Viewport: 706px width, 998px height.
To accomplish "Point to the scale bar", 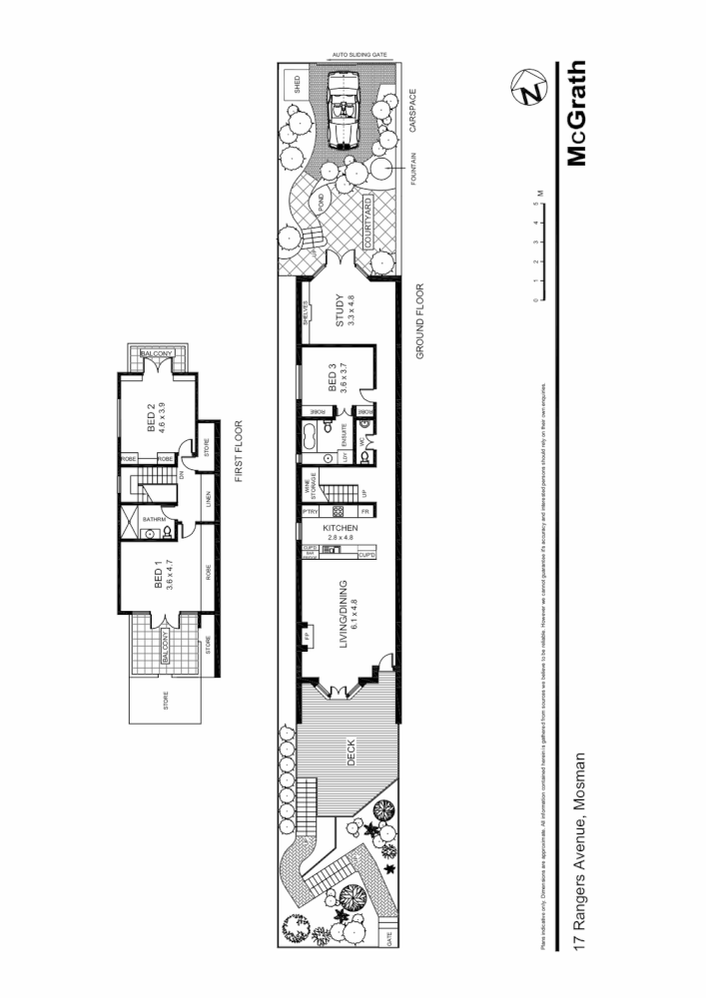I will point(536,250).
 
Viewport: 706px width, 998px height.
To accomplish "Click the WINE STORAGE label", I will point(311,486).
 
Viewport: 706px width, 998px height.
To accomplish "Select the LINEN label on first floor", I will point(208,496).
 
